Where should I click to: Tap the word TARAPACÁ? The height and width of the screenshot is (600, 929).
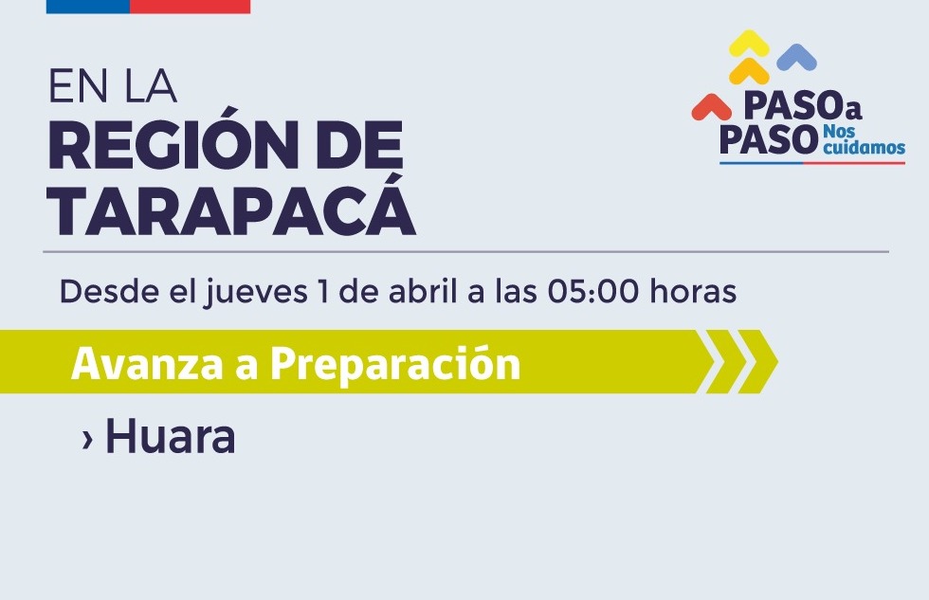tap(231, 211)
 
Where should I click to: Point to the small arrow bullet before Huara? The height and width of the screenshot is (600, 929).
tap(87, 439)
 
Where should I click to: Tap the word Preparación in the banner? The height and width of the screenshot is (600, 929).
tap(395, 363)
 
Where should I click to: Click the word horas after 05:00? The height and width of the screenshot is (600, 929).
tap(693, 292)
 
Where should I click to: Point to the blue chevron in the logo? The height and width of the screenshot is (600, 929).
tap(796, 58)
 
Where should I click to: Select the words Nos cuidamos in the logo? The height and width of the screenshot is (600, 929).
tap(864, 138)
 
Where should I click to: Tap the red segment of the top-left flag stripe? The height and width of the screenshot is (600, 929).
tap(190, 6)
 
